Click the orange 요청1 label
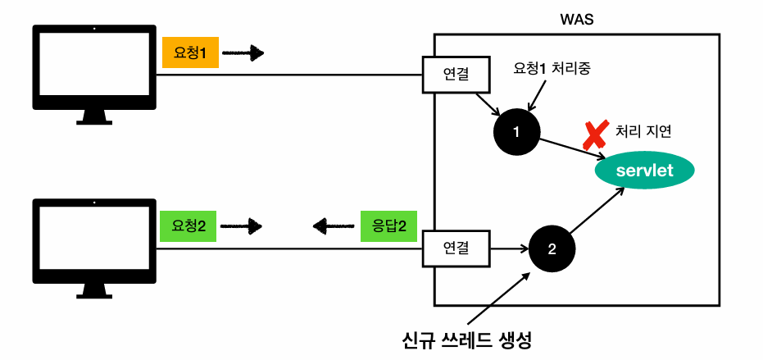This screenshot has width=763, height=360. point(190,53)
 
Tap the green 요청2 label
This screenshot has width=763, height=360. point(188,225)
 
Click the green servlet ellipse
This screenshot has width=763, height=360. point(644,171)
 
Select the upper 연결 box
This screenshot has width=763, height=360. point(456,74)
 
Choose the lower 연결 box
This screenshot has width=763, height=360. point(454,246)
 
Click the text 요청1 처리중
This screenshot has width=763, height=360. point(552,69)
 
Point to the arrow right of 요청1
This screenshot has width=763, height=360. point(243,54)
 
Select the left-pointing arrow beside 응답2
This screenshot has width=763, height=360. point(331,225)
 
